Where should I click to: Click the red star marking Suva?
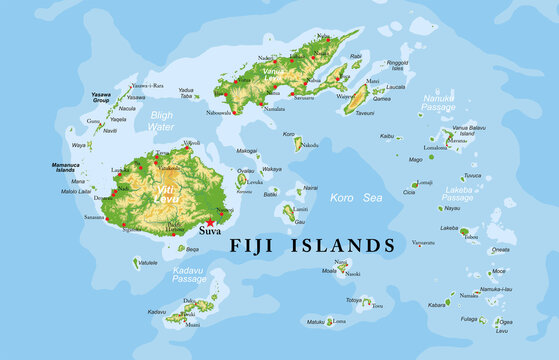point(210,221)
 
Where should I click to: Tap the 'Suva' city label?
point(210,232)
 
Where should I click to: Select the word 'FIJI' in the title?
point(257,245)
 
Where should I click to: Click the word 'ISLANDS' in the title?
point(346,245)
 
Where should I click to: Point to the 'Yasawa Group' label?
point(101,98)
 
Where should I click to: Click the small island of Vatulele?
point(136,263)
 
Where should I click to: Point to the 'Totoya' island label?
point(354,300)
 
